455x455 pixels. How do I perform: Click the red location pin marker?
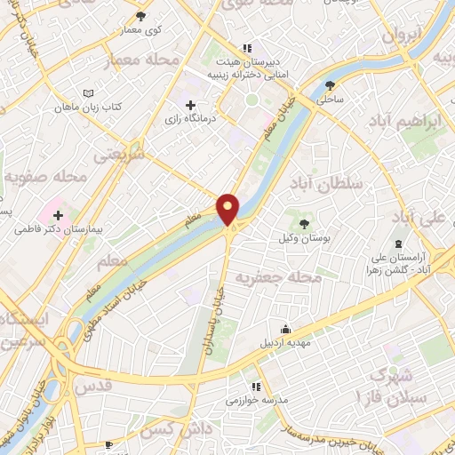pos(229,209)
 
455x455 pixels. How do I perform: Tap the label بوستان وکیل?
pos(313,242)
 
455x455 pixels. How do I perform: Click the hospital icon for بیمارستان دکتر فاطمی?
pos(59,214)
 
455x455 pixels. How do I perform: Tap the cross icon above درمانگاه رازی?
pos(190,105)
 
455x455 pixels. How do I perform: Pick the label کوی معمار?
pos(141,30)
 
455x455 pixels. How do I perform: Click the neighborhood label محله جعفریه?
pos(277,278)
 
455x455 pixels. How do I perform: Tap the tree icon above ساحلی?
pos(331,86)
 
